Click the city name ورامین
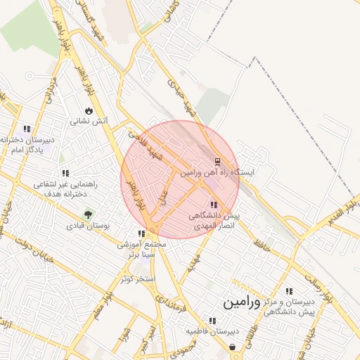click(241, 303)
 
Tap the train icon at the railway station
click(217, 161)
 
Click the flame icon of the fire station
click(88, 110)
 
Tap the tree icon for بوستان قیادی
click(88, 215)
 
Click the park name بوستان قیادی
click(85, 226)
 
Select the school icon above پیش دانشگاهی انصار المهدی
click(214, 204)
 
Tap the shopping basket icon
click(233, 347)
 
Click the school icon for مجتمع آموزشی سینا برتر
click(141, 233)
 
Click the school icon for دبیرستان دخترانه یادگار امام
click(27, 129)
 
